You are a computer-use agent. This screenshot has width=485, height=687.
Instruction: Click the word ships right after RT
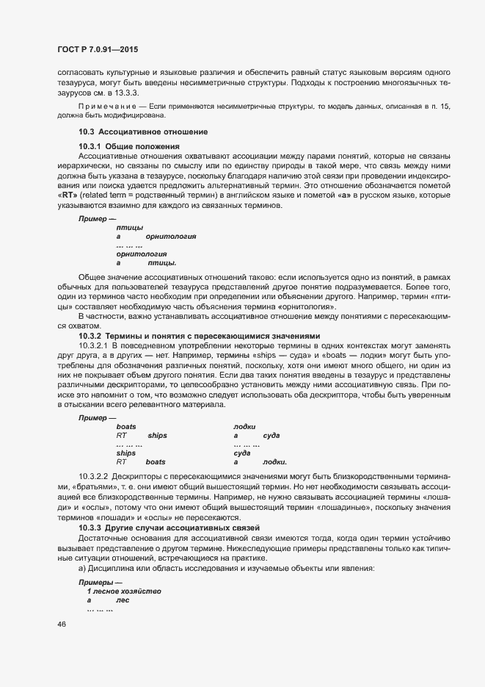[158, 436]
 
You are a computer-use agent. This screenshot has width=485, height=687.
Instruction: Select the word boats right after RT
[156, 462]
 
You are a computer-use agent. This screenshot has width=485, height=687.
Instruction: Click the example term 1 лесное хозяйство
[124, 591]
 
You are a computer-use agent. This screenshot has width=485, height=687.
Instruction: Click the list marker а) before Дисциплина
[82, 568]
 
